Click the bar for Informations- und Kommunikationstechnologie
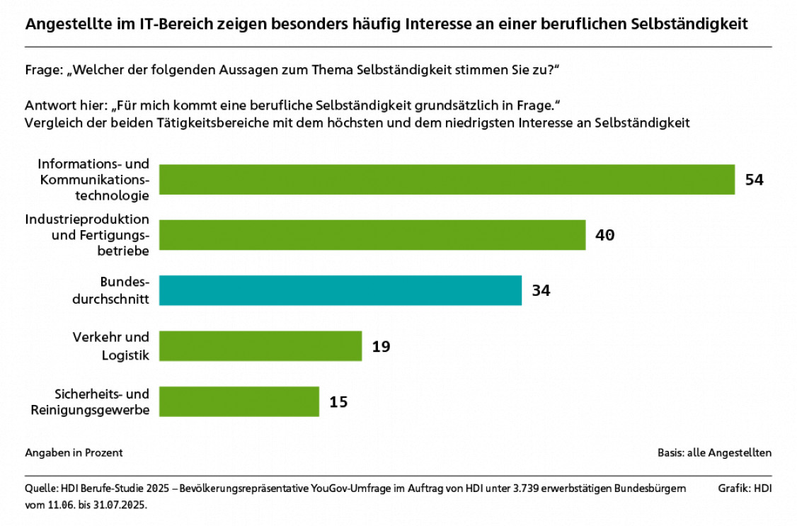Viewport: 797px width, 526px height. coord(447,179)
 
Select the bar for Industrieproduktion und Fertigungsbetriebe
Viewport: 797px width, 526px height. coord(372,235)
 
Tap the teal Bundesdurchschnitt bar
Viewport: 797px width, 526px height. coord(340,290)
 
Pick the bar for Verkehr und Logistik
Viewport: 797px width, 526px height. coord(260,345)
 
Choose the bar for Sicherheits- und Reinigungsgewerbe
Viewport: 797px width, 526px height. coord(239,401)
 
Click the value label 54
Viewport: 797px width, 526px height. coord(754,180)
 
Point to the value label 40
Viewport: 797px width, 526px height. coord(604,235)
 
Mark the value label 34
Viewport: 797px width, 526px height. coord(541,290)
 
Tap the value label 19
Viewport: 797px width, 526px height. coord(381,346)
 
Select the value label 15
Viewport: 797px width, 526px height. coord(338,402)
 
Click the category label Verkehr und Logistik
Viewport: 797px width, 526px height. coord(111,346)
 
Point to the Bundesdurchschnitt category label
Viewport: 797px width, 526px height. coord(111,290)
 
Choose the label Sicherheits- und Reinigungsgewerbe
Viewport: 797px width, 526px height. coord(90,401)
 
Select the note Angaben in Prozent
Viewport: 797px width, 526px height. coord(74,452)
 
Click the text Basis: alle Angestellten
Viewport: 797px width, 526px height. coord(714,452)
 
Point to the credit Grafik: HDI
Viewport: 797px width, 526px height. coord(745,488)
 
